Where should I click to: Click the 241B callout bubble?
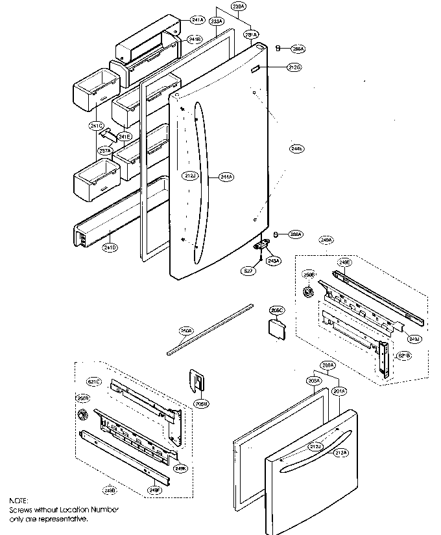[195, 40]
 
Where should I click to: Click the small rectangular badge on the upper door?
[256, 67]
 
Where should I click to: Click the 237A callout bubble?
[106, 150]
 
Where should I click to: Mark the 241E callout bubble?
[124, 137]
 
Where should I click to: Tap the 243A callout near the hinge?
[274, 260]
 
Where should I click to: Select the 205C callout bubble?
[278, 311]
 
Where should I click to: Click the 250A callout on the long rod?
[186, 331]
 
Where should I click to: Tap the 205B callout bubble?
[201, 404]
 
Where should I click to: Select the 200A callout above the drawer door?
[329, 366]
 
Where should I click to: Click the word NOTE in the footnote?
[19, 501]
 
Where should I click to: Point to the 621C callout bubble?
[95, 382]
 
